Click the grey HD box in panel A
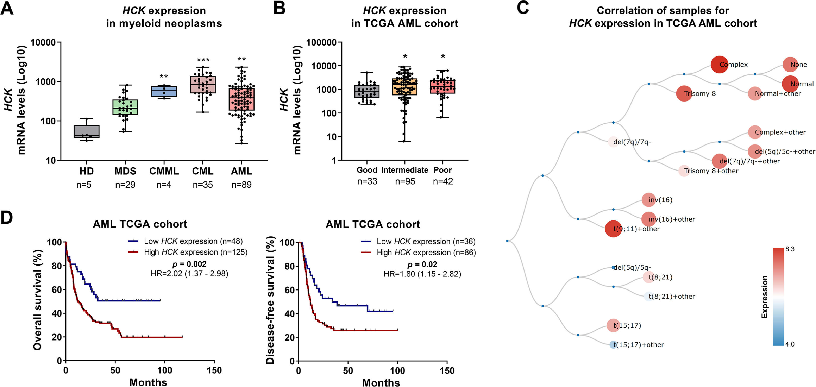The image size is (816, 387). [86, 131]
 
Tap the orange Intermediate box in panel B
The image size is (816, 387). [404, 87]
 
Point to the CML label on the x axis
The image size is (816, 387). [203, 171]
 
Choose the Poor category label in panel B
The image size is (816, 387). [443, 170]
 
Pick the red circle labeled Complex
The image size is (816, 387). [719, 65]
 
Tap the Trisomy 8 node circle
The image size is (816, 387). [684, 93]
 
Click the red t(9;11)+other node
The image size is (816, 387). [613, 228]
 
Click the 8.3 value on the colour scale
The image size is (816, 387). [790, 249]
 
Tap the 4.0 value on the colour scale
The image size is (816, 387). [790, 344]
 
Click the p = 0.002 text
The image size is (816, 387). [189, 264]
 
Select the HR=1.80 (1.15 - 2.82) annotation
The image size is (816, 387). [422, 274]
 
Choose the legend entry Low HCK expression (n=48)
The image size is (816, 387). [193, 241]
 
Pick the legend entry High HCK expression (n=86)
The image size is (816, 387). [426, 253]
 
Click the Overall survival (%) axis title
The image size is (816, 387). [37, 300]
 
